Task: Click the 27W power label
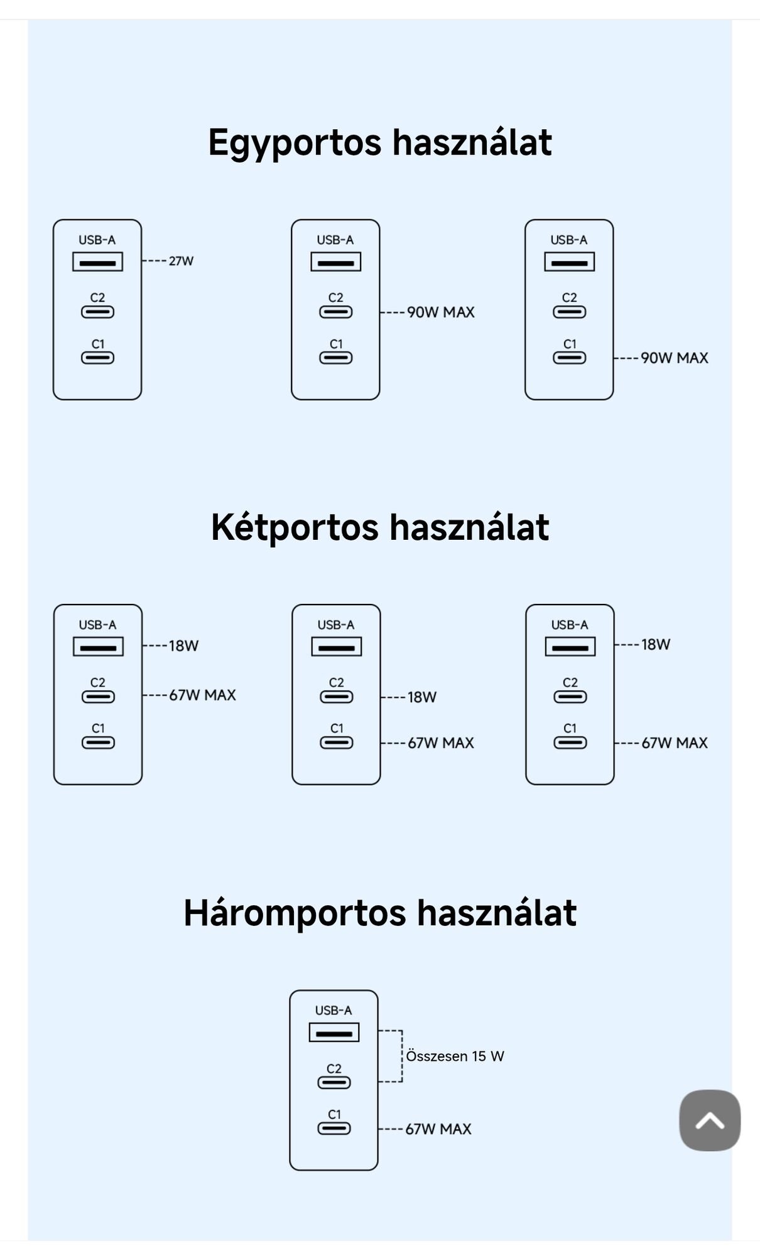click(181, 261)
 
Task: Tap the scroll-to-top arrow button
click(710, 1120)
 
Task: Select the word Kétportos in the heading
click(295, 527)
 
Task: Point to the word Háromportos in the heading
click(295, 913)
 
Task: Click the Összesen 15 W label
click(455, 1056)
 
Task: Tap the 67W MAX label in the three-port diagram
click(438, 1129)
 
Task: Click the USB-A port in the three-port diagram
click(334, 1033)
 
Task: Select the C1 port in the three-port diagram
click(334, 1128)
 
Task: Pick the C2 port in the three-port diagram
click(334, 1082)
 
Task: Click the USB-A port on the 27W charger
click(97, 262)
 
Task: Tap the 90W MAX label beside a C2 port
click(440, 312)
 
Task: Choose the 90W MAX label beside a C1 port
click(674, 358)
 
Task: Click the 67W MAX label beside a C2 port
click(202, 695)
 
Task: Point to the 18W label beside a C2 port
click(421, 697)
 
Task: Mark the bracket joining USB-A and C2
click(401, 1056)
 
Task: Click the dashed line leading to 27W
click(155, 261)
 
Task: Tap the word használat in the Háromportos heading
click(496, 913)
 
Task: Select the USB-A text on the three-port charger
click(334, 1010)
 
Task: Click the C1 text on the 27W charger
click(98, 344)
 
